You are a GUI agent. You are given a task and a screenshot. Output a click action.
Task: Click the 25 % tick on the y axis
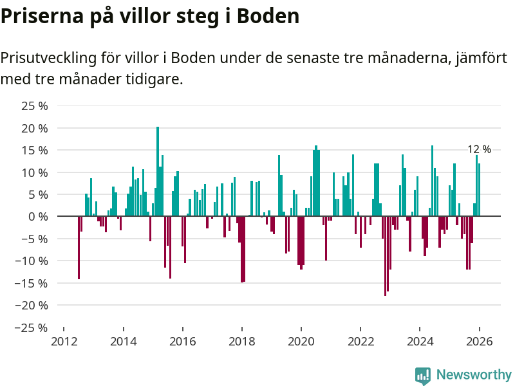[35, 106]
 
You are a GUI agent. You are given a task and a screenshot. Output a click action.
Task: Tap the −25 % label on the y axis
[32, 327]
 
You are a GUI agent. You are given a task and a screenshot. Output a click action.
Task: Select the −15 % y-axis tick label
[32, 283]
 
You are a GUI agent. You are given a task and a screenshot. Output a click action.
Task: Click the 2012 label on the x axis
[63, 342]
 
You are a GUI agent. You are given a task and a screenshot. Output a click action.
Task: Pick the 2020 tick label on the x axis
[301, 342]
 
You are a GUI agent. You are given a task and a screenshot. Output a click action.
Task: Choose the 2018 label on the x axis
[241, 342]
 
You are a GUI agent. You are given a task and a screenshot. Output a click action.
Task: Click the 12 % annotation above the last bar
[479, 149]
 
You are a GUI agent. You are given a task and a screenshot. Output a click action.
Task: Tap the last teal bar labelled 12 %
[480, 190]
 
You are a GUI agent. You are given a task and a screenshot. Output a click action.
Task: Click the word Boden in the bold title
[270, 16]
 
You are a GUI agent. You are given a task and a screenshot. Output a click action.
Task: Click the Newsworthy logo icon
[423, 375]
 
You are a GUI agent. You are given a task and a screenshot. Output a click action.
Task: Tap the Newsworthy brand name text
[474, 374]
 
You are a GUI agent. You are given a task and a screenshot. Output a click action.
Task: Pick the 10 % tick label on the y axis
[35, 172]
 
